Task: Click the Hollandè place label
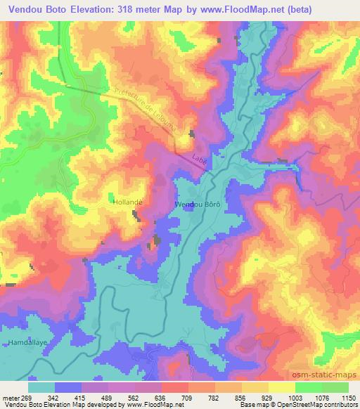tap(128, 201)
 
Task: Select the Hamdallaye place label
tap(27, 342)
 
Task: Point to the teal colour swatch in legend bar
tap(42, 387)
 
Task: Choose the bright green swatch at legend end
tap(335, 387)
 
